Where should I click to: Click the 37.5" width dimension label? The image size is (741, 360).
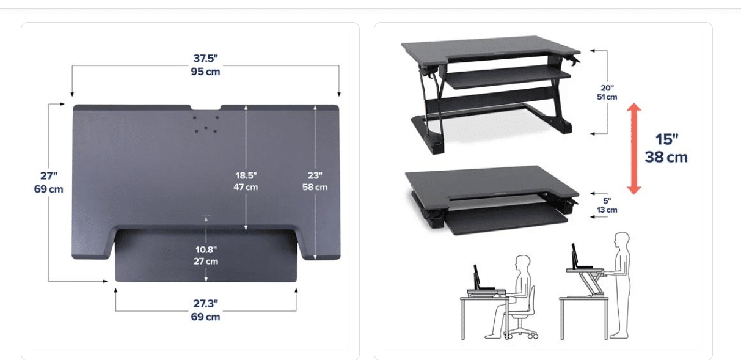tap(205, 58)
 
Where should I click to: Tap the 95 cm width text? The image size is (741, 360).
tap(205, 72)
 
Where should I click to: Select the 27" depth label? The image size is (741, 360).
tap(49, 175)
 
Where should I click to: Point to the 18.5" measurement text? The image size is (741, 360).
tap(246, 175)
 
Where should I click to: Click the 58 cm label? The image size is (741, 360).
tap(315, 187)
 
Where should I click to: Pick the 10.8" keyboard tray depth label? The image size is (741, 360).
tap(206, 249)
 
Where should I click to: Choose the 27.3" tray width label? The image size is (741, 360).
tap(205, 303)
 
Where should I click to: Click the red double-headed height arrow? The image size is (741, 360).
tap(634, 149)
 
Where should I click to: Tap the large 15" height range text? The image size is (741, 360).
tap(667, 139)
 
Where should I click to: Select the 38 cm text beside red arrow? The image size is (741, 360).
tap(666, 157)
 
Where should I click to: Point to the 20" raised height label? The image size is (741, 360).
tap(607, 88)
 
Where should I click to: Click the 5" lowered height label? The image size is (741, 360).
tap(607, 201)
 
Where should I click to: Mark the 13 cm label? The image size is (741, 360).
tap(607, 210)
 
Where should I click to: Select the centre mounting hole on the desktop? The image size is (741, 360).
tap(206, 127)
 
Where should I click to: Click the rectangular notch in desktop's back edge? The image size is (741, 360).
tap(206, 107)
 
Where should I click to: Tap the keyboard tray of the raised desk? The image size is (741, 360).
tap(508, 77)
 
